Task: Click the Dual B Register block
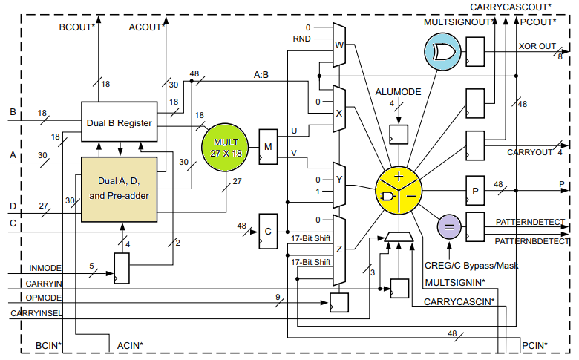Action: [119, 122]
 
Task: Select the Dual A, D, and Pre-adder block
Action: [119, 189]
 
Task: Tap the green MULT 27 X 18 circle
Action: [227, 146]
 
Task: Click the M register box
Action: [268, 146]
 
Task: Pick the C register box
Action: [268, 230]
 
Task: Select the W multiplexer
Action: [339, 44]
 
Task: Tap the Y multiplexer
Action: [339, 185]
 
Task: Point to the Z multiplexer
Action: [339, 250]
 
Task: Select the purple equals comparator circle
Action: [448, 226]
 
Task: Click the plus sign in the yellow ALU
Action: [399, 177]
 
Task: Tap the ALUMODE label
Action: [398, 91]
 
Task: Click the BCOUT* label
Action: [77, 28]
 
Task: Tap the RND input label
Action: [302, 39]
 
